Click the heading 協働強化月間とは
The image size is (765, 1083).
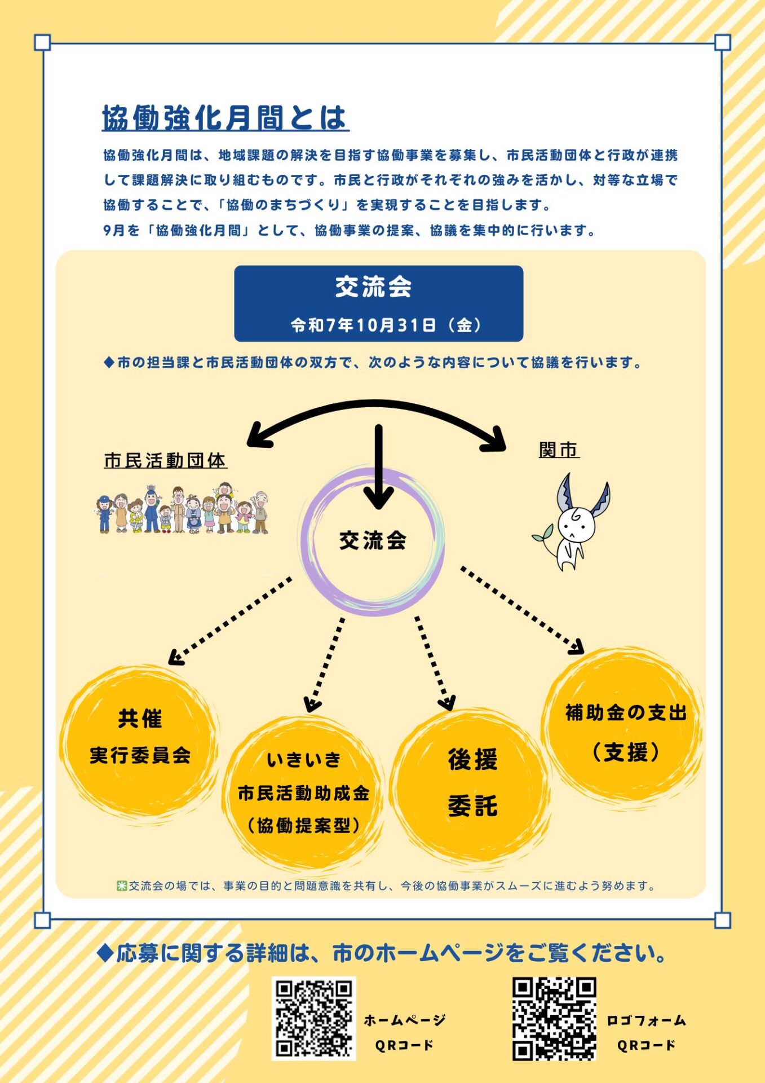(x=225, y=118)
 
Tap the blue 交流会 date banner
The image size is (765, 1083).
(x=378, y=303)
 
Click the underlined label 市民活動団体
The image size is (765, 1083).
(x=165, y=461)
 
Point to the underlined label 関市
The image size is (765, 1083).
(x=559, y=450)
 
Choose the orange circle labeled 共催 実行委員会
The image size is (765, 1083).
(x=139, y=739)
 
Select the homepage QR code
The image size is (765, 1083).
(x=314, y=1018)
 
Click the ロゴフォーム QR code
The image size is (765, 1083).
(x=554, y=1019)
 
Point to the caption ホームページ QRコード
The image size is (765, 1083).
(x=404, y=1032)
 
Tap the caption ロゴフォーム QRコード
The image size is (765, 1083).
(x=646, y=1032)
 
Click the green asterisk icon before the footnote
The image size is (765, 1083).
(x=122, y=886)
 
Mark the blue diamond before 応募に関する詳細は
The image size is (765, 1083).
(x=105, y=953)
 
